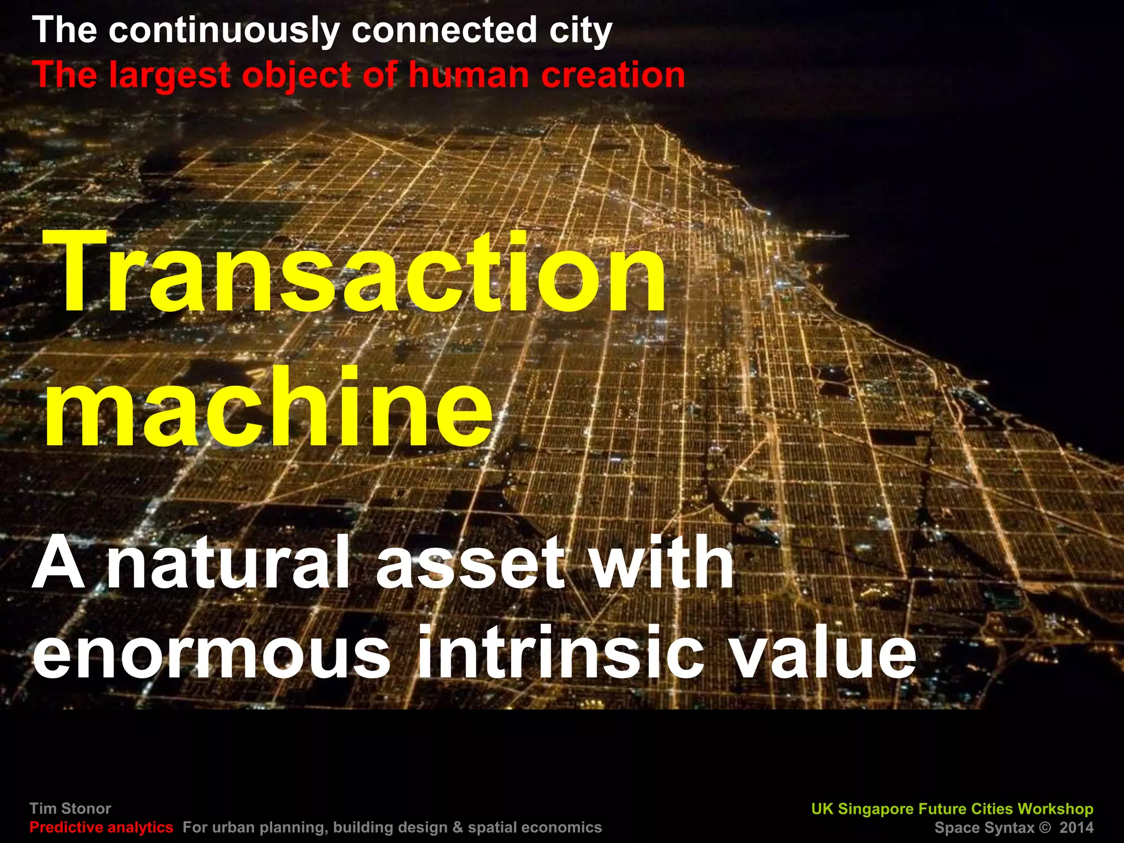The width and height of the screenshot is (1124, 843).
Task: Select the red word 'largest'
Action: [x=169, y=75]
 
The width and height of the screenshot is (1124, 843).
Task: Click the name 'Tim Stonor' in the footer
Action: [x=70, y=808]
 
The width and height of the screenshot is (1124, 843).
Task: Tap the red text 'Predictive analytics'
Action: [x=102, y=827]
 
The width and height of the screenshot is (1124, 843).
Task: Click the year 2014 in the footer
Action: [x=1076, y=827]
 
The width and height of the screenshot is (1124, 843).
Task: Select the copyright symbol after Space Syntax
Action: [x=1044, y=827]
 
